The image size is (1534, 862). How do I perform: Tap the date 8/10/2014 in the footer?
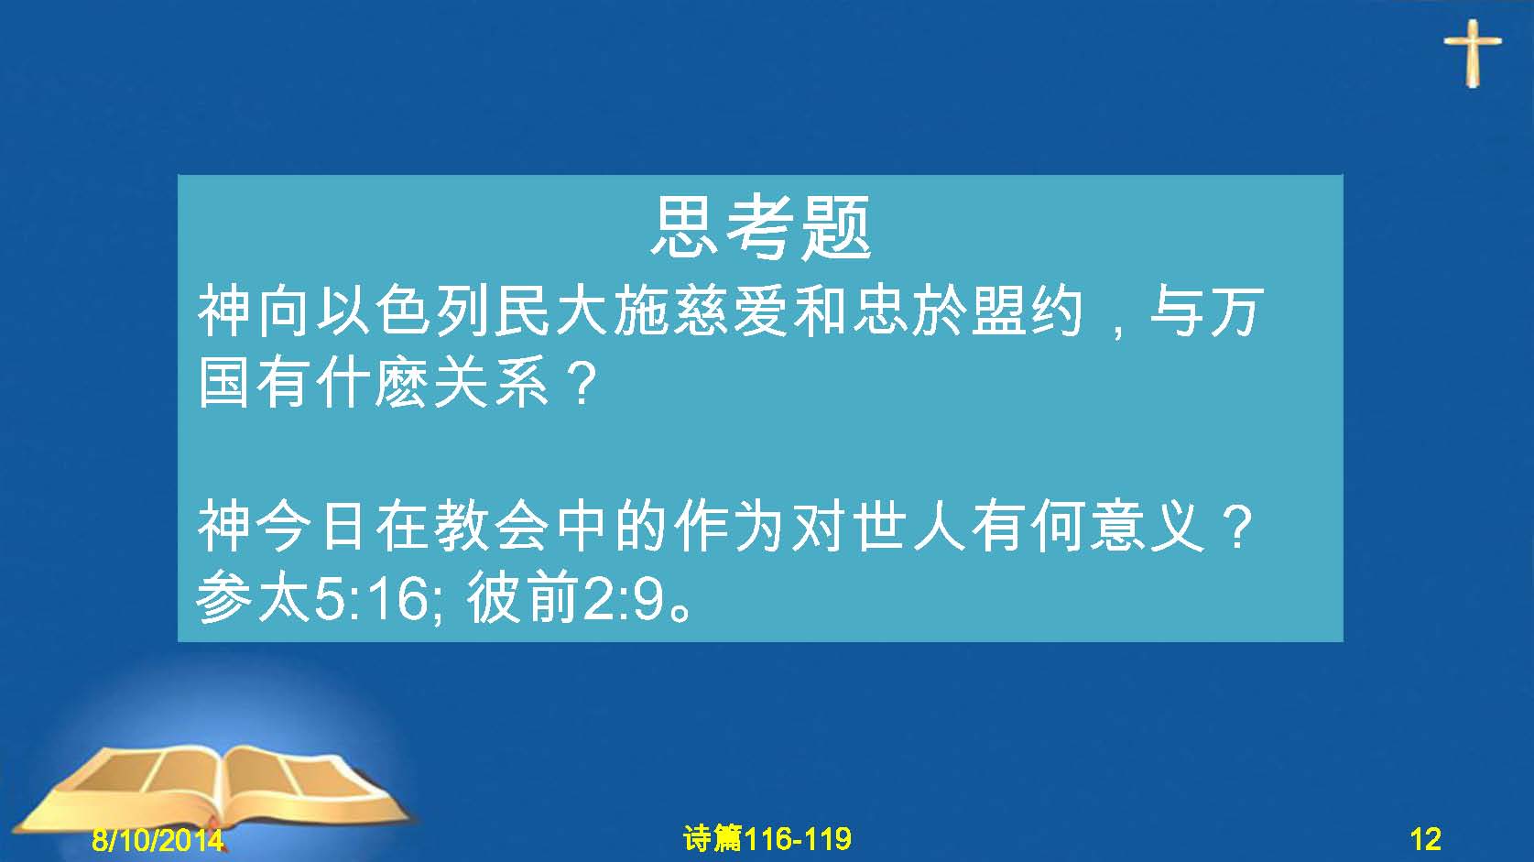pyautogui.click(x=158, y=839)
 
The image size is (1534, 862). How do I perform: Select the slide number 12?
pyautogui.click(x=1425, y=839)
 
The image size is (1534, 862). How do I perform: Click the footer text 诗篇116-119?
pyautogui.click(x=767, y=838)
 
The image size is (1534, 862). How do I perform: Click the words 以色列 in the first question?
pyautogui.click(x=403, y=311)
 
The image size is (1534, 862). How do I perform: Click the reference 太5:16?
pyautogui.click(x=343, y=597)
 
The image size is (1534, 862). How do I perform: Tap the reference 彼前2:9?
pyautogui.click(x=566, y=597)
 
